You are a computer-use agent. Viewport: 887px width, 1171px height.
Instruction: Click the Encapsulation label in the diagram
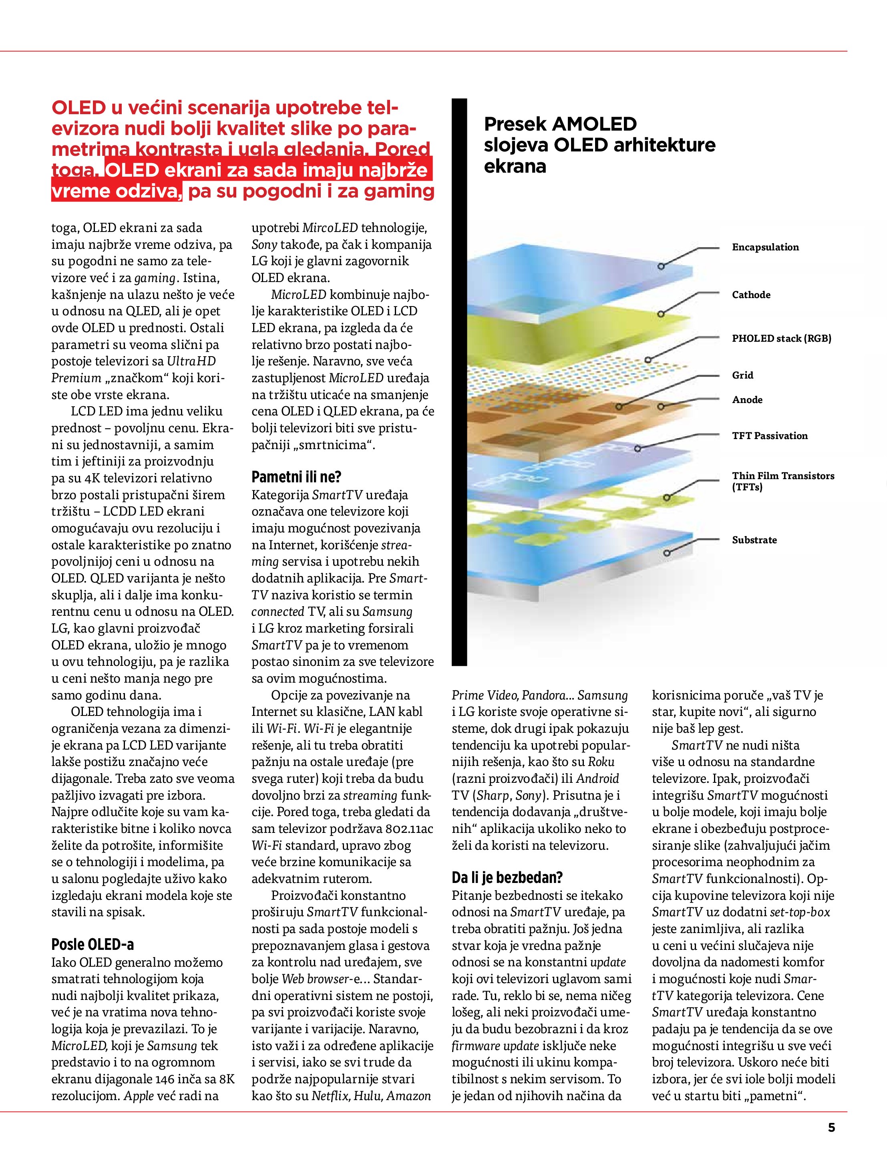pyautogui.click(x=765, y=247)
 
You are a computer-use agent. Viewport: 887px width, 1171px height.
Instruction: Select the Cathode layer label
pyautogui.click(x=750, y=295)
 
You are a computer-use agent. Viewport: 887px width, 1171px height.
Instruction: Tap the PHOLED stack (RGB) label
pyautogui.click(x=781, y=338)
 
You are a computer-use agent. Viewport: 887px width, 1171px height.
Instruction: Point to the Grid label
pyautogui.click(x=742, y=375)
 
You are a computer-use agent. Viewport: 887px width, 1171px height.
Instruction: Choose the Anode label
pyautogui.click(x=747, y=400)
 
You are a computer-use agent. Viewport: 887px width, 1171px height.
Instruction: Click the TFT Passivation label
pyautogui.click(x=770, y=436)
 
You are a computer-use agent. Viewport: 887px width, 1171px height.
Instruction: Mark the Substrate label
pyautogui.click(x=754, y=540)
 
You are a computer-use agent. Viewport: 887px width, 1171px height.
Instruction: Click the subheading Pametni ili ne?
pyautogui.click(x=296, y=477)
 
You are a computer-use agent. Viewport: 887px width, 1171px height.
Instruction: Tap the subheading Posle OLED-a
pyautogui.click(x=93, y=944)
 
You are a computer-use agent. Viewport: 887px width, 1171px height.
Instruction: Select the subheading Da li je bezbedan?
pyautogui.click(x=507, y=878)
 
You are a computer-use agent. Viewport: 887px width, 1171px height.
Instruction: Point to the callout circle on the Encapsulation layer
pyautogui.click(x=660, y=266)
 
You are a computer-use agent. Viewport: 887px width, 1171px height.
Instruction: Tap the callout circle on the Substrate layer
pyautogui.click(x=667, y=553)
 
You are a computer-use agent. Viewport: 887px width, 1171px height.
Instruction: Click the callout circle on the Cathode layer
pyautogui.click(x=660, y=314)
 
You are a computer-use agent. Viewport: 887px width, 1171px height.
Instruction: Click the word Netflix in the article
pyautogui.click(x=330, y=1096)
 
